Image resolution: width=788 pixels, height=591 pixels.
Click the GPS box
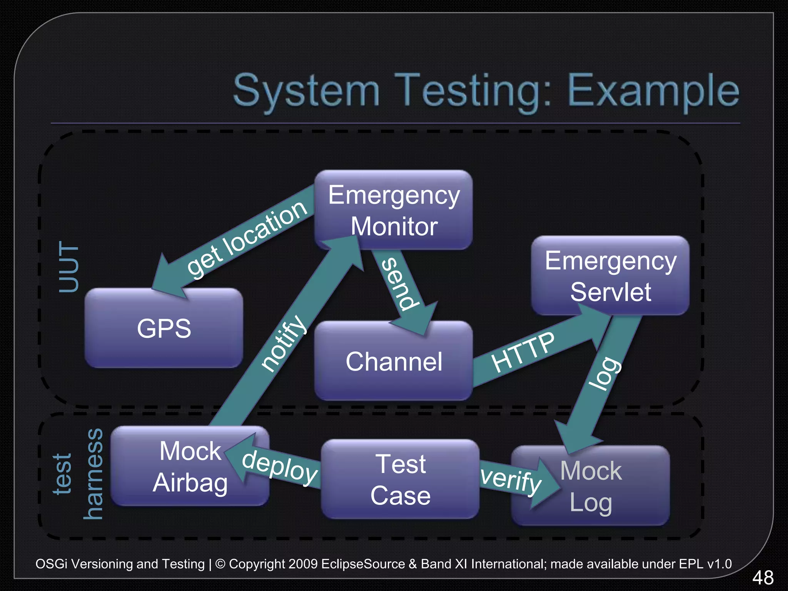coord(164,328)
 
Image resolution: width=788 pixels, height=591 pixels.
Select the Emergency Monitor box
coord(394,210)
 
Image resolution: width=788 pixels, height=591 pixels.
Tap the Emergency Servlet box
coord(610,276)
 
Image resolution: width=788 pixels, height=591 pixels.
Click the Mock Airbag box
coord(190,466)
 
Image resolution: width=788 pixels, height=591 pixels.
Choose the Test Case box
coord(400,479)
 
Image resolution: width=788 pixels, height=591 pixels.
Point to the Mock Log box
coord(591,486)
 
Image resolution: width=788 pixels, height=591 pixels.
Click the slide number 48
coord(763,578)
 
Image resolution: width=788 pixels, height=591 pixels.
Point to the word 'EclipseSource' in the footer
coord(363,564)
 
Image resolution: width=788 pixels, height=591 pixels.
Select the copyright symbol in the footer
coord(220,564)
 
